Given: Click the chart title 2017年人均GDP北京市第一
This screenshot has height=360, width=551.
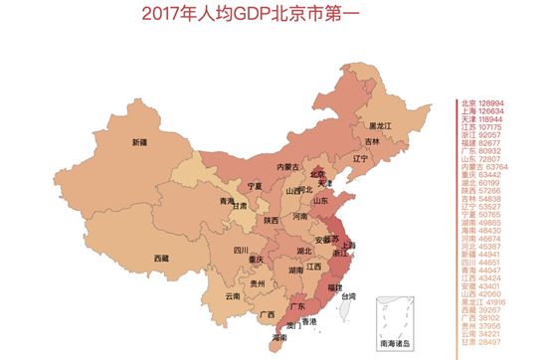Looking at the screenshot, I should (267, 13).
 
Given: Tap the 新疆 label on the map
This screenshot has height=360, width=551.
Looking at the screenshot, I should (139, 142).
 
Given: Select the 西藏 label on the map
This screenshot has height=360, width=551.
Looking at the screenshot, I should (134, 259).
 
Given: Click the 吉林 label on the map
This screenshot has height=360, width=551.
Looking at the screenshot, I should (372, 142).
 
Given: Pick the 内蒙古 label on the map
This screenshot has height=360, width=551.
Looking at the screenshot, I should (287, 167).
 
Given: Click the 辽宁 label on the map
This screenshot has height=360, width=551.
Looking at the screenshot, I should (360, 158).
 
